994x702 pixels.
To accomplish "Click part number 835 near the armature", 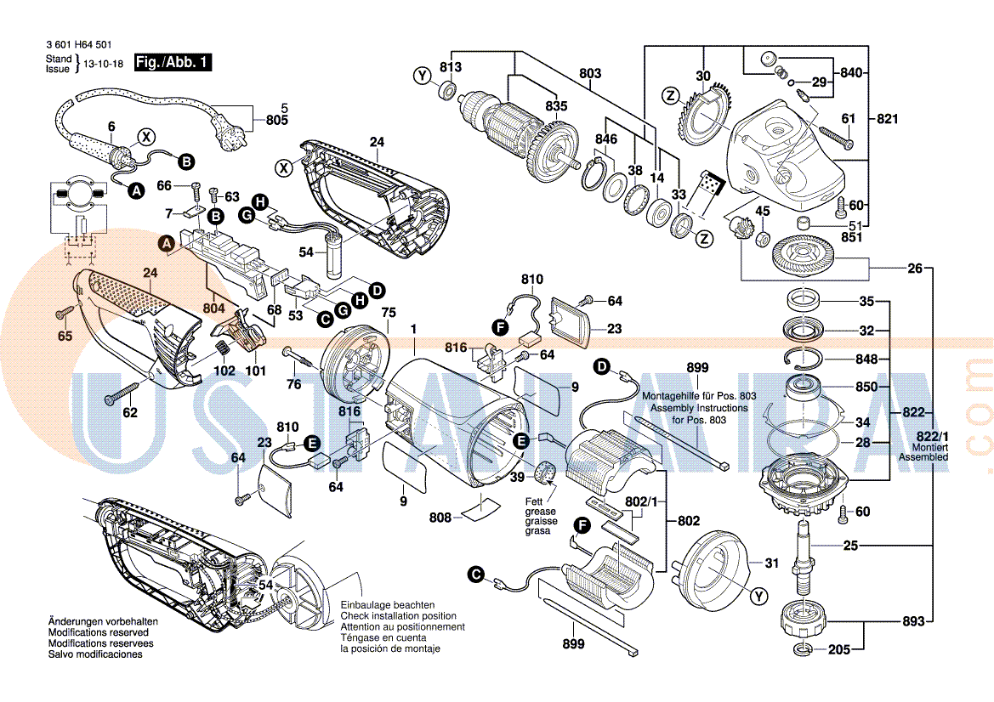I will [x=556, y=106].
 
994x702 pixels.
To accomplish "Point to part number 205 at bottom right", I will [x=838, y=650].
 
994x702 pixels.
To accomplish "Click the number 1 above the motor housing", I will [x=414, y=329].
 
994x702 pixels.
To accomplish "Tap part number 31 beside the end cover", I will [x=771, y=563].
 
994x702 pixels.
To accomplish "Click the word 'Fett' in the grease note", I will [x=534, y=501].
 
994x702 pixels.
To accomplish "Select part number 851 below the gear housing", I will [x=850, y=237].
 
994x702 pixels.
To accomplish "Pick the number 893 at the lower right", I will [x=912, y=621].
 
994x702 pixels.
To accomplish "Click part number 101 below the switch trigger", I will [x=256, y=371].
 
